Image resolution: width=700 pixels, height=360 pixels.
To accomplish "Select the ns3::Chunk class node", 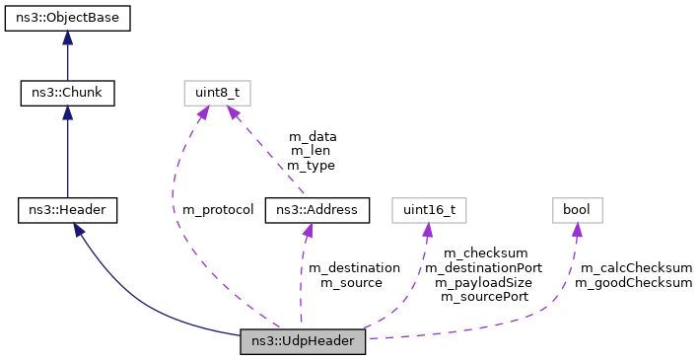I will pos(67,94).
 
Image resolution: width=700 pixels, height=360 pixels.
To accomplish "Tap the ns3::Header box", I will pos(67,209).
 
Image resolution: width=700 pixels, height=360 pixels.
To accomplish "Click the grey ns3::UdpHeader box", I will pos(304,341).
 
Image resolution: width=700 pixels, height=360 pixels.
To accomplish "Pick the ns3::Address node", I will pos(317,209).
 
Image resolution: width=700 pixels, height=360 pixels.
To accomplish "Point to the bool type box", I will pos(576,209).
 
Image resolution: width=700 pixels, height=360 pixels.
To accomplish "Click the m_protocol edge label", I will pos(218,210).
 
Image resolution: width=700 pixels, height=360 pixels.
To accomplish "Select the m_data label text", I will pos(312,137).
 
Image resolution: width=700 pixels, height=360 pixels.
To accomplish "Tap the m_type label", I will pos(312,166).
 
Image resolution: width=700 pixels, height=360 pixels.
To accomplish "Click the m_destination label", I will pos(354,267).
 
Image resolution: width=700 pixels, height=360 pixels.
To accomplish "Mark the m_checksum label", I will pos(485,252).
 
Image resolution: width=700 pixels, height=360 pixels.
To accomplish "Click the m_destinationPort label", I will pos(483,267).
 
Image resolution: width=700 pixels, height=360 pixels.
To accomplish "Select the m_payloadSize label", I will pos(483,282).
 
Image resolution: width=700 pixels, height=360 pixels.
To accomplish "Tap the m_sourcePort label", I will pos(483,296).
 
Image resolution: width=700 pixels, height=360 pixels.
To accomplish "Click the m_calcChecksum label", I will pos(635,267).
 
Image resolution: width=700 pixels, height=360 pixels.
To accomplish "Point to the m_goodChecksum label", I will pos(633,283).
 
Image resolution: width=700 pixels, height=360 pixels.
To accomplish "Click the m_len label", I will pos(312,151).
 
